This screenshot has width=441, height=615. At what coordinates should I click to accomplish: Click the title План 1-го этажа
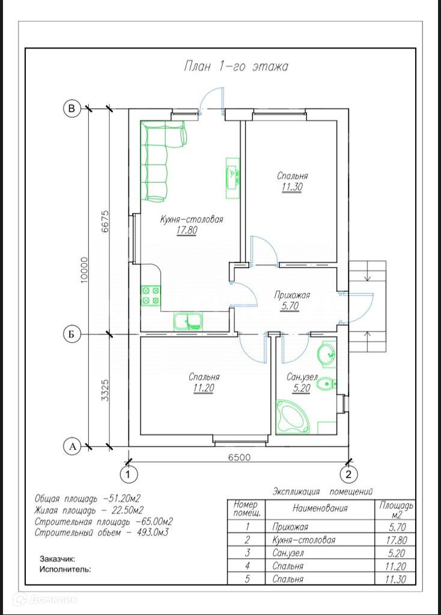tap(236, 66)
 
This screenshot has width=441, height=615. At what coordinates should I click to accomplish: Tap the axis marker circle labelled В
tap(72, 108)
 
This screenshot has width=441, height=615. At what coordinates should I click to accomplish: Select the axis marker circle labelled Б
tap(72, 334)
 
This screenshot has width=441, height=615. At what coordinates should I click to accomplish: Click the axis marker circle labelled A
tap(72, 446)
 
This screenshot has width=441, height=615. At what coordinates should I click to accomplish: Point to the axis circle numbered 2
tap(348, 474)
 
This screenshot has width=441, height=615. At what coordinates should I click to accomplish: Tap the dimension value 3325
tap(105, 390)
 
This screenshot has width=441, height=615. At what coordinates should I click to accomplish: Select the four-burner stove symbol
tap(151, 295)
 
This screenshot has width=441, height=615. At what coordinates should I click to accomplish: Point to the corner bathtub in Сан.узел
tap(293, 417)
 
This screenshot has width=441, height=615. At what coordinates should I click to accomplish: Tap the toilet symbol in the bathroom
tap(326, 384)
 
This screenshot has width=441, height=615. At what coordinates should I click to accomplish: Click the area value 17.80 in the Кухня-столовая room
tap(187, 230)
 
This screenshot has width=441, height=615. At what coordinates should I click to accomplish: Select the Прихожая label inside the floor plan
tap(293, 295)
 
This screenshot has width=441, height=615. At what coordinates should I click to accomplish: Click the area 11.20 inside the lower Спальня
tap(204, 389)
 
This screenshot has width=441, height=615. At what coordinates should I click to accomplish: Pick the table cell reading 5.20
tap(396, 553)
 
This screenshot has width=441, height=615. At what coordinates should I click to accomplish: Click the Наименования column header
tap(320, 508)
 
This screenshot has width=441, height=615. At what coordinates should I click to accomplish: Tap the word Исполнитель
tap(65, 569)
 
